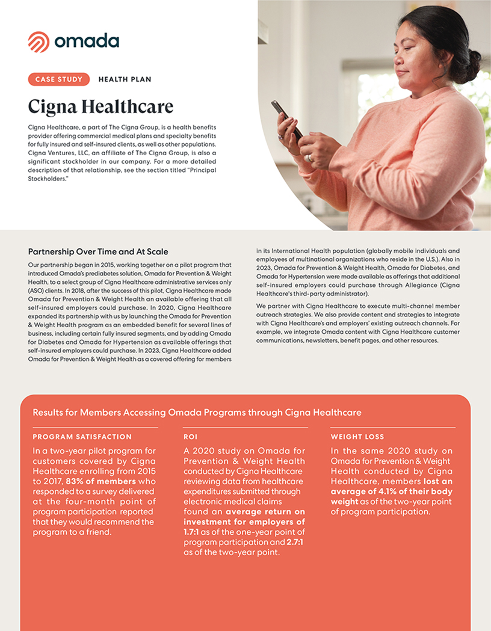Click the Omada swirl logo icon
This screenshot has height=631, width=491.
[x=39, y=42]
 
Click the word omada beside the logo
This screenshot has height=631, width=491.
[x=87, y=42]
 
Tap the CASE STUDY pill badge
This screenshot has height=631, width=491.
[x=58, y=79]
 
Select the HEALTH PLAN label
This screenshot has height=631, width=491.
[x=125, y=79]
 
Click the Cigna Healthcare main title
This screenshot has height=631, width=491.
[x=100, y=107]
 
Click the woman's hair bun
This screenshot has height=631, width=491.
[x=473, y=58]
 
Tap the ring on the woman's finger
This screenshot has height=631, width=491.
[x=309, y=158]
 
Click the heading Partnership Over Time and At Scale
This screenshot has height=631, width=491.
[x=98, y=251]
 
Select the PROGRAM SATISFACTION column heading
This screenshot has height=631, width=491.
[x=82, y=437]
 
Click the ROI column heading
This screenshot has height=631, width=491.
[x=190, y=437]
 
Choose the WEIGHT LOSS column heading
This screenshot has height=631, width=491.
[x=357, y=437]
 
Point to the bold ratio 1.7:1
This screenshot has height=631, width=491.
[x=195, y=532]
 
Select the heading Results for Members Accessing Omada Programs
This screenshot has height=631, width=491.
[x=197, y=412]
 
